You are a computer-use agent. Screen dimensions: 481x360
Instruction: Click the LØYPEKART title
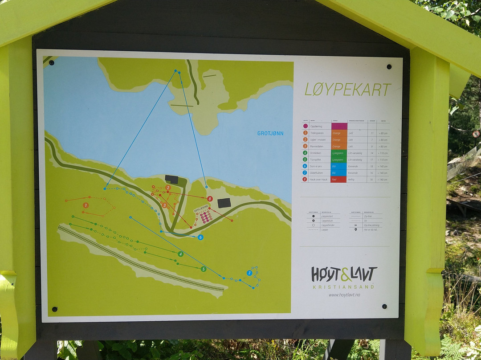tap(347, 90)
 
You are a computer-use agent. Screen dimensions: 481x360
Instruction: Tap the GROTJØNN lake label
tap(270, 133)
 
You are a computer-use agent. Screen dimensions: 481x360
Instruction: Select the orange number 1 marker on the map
tap(86, 205)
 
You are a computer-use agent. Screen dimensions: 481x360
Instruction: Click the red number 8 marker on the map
tap(210, 199)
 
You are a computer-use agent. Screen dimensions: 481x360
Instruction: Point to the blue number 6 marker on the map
tap(200, 237)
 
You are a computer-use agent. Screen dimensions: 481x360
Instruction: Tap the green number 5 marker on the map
tap(204, 269)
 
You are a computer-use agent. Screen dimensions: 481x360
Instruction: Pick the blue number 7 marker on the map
tap(249, 273)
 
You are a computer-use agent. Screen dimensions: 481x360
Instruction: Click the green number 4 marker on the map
tap(180, 254)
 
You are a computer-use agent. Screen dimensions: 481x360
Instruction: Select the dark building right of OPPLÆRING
tap(224, 203)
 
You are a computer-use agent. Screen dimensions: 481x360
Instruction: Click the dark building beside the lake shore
tap(171, 180)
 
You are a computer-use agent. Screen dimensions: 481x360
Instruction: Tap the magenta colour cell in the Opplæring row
tap(339, 127)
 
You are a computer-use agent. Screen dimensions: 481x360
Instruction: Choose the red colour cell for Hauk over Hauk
tap(339, 180)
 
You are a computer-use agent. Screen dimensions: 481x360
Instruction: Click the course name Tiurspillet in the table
tap(317, 160)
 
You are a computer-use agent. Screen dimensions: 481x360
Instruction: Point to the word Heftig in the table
tap(352, 180)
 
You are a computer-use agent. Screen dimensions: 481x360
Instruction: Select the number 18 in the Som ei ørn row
tap(372, 166)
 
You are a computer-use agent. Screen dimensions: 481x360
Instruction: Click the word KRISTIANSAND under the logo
tap(344, 286)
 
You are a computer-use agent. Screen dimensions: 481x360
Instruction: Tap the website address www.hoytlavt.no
tap(344, 295)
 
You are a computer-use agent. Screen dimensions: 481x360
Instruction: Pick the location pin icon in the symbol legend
tap(356, 229)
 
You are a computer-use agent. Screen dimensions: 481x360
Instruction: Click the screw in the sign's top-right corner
tap(389, 67)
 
